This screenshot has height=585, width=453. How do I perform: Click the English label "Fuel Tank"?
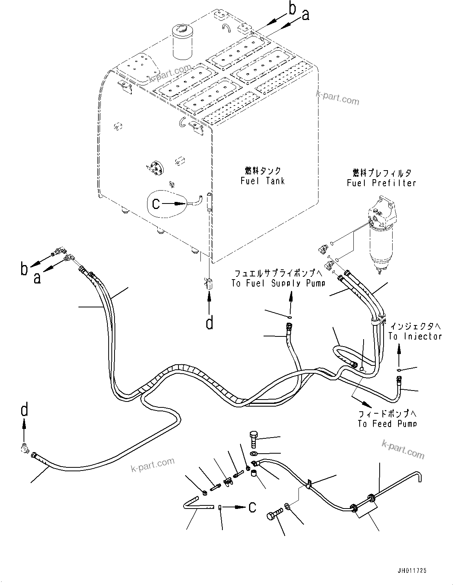click(x=262, y=181)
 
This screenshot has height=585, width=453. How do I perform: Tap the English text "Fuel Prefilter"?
click(x=381, y=183)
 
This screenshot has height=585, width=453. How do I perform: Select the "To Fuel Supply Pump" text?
click(x=278, y=283)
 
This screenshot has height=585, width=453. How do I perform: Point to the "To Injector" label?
click(x=415, y=336)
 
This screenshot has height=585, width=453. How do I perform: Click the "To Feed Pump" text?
click(x=387, y=423)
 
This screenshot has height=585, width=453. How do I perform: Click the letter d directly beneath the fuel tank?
click(x=210, y=323)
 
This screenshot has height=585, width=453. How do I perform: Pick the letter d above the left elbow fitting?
click(x=24, y=411)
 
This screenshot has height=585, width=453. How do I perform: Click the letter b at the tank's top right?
click(x=292, y=9)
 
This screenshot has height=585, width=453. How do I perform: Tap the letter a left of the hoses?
click(x=37, y=278)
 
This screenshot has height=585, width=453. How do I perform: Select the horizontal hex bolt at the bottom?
click(x=275, y=515)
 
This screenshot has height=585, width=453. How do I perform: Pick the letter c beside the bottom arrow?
click(x=253, y=507)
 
